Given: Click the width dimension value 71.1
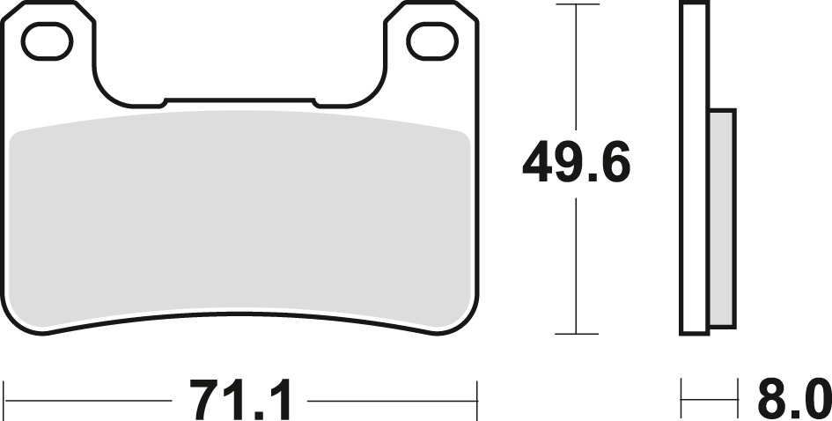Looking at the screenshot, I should (240, 402).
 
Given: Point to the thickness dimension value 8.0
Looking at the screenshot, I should (793, 402).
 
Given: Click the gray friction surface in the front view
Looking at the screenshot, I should (240, 220).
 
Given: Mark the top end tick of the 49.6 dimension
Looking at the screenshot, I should (576, 5).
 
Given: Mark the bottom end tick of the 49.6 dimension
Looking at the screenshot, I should (576, 335).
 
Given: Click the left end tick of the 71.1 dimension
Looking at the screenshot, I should (5, 402).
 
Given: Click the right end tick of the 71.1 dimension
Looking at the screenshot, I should (476, 402).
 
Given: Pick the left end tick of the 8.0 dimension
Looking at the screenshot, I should (681, 402).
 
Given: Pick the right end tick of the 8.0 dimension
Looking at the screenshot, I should (735, 402).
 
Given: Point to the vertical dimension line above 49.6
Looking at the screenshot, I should (576, 70).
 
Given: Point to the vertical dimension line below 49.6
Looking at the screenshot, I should (576, 264).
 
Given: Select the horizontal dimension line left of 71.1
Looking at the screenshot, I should (88, 402).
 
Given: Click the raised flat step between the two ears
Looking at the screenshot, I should (239, 101).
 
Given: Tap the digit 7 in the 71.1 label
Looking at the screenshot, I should (202, 402).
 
